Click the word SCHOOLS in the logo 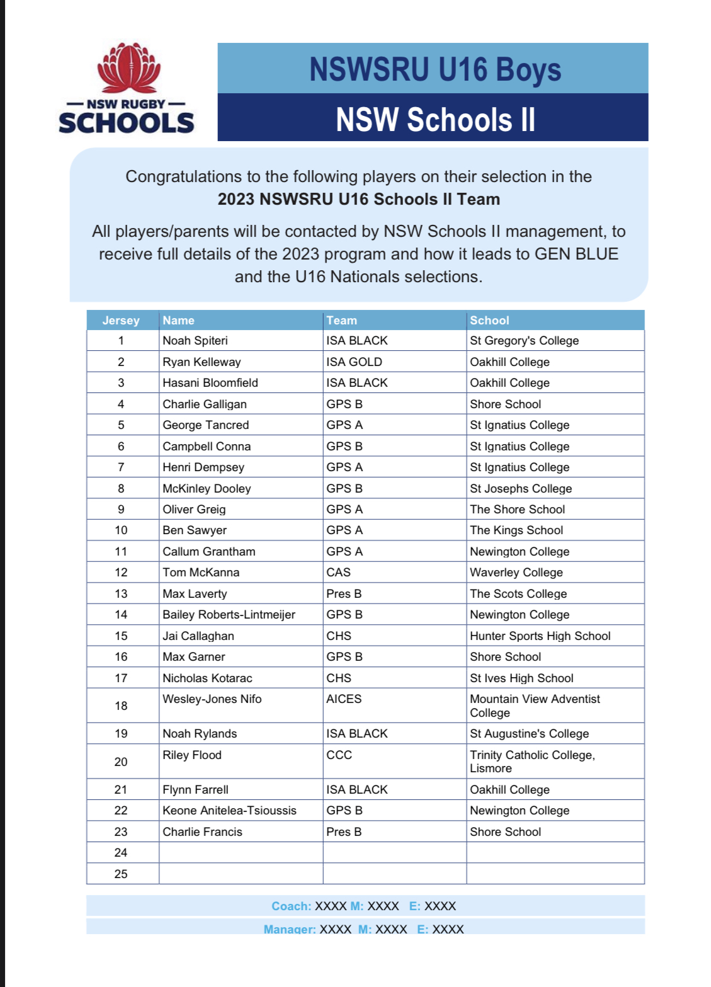(x=127, y=123)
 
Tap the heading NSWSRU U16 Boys (x=435, y=69)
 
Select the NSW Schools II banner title (x=435, y=119)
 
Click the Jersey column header (x=121, y=321)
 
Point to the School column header (x=489, y=321)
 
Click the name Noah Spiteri (x=195, y=341)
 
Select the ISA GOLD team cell (x=354, y=362)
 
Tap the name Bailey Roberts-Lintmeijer (x=229, y=615)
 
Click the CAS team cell (x=338, y=573)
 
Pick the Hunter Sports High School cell (x=540, y=636)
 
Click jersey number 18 (x=121, y=706)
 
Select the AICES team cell (x=344, y=699)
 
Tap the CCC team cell (x=339, y=755)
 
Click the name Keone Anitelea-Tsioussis (x=229, y=811)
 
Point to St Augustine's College (x=529, y=734)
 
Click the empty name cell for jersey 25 (x=241, y=874)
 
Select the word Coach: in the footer (x=291, y=906)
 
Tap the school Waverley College (x=516, y=573)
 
